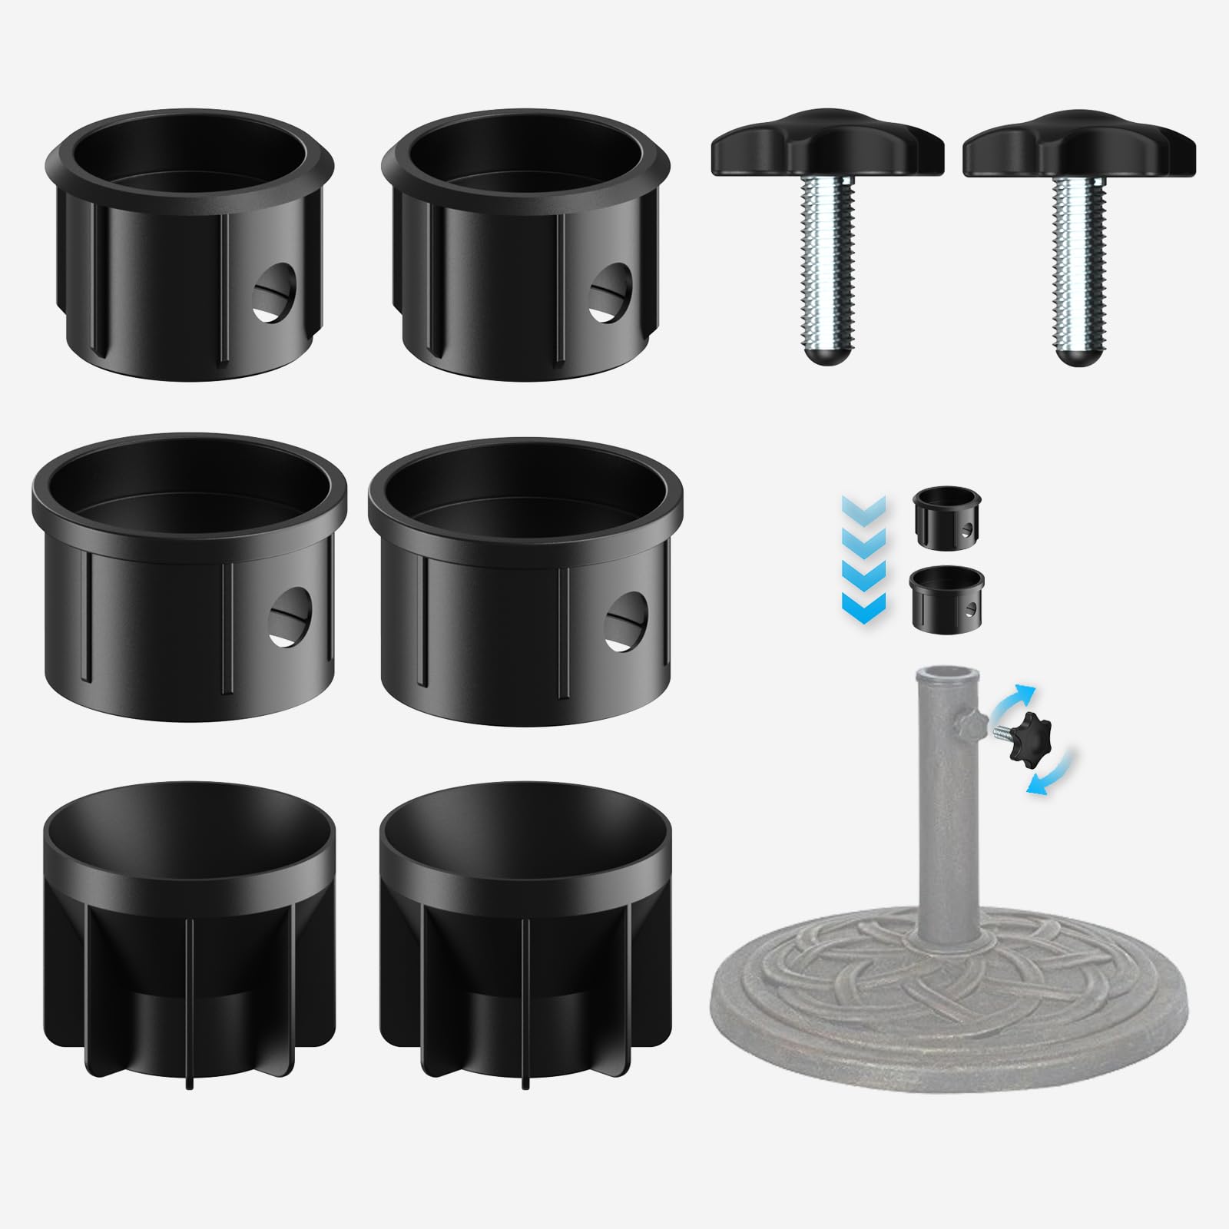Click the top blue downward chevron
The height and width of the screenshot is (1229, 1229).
(864, 507)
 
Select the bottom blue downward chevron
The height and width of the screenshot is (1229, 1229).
(864, 607)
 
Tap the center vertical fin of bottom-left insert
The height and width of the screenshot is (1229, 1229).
(190, 999)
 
